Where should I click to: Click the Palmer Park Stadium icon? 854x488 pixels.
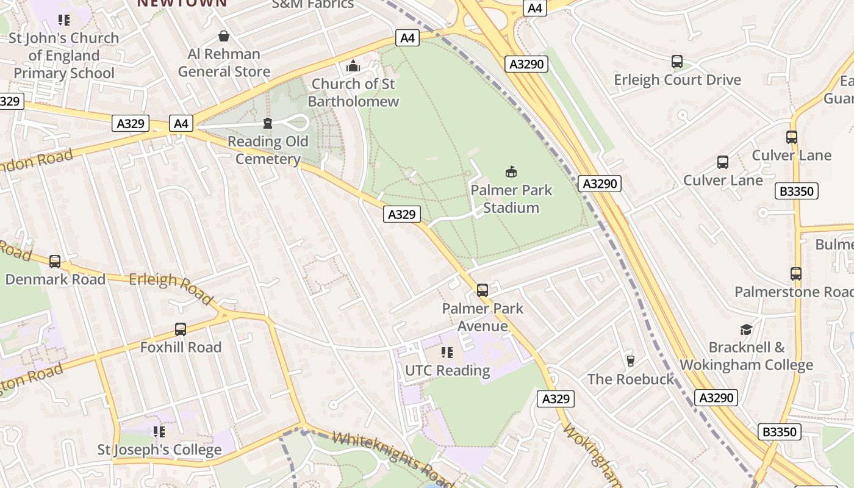click(x=511, y=172)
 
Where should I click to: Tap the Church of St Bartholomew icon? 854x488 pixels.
click(x=353, y=66)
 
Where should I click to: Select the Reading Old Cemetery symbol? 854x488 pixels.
click(x=267, y=124)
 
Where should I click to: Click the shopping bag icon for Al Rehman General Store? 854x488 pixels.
click(x=224, y=36)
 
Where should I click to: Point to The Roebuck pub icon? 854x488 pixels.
click(x=631, y=361)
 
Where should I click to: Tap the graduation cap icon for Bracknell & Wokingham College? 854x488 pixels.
click(x=746, y=329)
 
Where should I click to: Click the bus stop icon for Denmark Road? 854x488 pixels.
click(x=55, y=262)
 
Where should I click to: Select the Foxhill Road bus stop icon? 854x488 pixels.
click(x=181, y=329)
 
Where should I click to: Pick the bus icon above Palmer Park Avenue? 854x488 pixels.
click(x=483, y=290)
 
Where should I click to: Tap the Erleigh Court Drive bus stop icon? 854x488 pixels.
click(x=677, y=62)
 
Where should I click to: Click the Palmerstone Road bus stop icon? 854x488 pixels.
click(x=795, y=274)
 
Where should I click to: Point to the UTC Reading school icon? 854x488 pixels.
click(x=447, y=353)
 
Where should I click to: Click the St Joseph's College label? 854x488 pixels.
click(x=160, y=450)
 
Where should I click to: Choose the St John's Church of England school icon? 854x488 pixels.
click(x=64, y=20)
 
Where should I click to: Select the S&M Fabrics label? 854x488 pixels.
click(x=312, y=5)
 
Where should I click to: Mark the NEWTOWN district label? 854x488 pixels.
click(x=181, y=3)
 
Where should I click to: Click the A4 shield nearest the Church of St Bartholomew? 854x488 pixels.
click(x=407, y=38)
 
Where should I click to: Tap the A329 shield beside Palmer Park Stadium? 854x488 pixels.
click(x=402, y=214)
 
